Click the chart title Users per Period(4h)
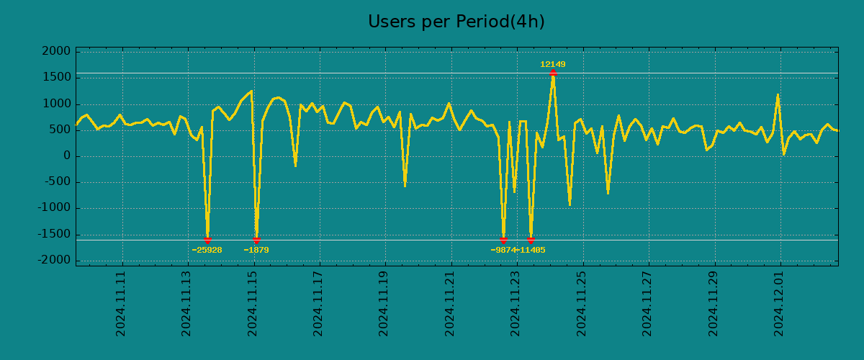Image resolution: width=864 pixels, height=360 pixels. pyautogui.click(x=456, y=22)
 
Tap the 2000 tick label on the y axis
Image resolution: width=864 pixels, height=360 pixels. pyautogui.click(x=57, y=52)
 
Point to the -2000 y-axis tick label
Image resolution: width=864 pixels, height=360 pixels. pyautogui.click(x=55, y=260)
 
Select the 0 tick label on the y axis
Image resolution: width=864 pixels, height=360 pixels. pyautogui.click(x=67, y=156)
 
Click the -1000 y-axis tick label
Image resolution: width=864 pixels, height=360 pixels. pyautogui.click(x=55, y=208)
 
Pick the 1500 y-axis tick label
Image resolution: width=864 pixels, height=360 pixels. pyautogui.click(x=57, y=78)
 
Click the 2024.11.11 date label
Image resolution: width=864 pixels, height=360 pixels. pyautogui.click(x=121, y=303)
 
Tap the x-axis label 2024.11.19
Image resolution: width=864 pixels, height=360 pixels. pyautogui.click(x=384, y=303)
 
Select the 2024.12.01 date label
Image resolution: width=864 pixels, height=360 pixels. pyautogui.click(x=780, y=303)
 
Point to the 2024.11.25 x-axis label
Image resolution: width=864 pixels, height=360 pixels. pyautogui.click(x=582, y=303)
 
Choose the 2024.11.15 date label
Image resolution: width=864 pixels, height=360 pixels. pyautogui.click(x=253, y=303)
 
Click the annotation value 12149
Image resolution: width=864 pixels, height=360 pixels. pyautogui.click(x=552, y=65)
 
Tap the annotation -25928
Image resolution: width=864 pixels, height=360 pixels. pyautogui.click(x=207, y=251)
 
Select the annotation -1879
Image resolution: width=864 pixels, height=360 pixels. pyautogui.click(x=256, y=251)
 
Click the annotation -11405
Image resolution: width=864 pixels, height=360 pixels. pyautogui.click(x=531, y=251)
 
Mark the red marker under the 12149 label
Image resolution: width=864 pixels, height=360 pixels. pyautogui.click(x=552, y=73)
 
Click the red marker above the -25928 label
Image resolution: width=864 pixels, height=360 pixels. pyautogui.click(x=207, y=240)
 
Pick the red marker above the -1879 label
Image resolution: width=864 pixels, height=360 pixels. pyautogui.click(x=256, y=240)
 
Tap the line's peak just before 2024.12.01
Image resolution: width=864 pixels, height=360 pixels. pyautogui.click(x=778, y=95)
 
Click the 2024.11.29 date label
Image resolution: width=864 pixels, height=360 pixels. pyautogui.click(x=714, y=303)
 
